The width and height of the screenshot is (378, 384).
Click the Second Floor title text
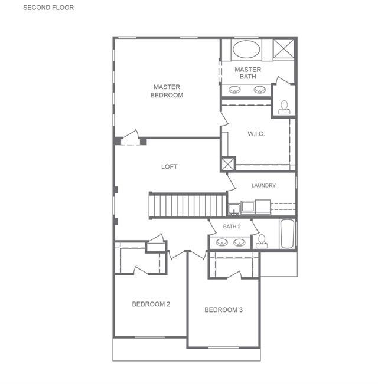pyautogui.click(x=48, y=8)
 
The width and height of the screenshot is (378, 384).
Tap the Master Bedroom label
pyautogui.click(x=167, y=91)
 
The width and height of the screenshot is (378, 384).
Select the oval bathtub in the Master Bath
pyautogui.click(x=246, y=49)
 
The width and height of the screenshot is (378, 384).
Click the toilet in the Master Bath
pyautogui.click(x=284, y=108)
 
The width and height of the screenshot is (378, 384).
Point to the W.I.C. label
pyautogui.click(x=256, y=134)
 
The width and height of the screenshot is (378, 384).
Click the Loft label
pyautogui.click(x=169, y=166)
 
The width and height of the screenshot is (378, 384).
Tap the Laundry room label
pyautogui.click(x=263, y=185)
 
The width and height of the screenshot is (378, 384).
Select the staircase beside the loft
pyautogui.click(x=188, y=205)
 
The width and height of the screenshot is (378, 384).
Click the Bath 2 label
pyautogui.click(x=232, y=227)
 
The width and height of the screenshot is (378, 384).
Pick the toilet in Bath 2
pyautogui.click(x=262, y=241)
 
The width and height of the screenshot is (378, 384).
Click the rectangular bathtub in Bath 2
pyautogui.click(x=287, y=234)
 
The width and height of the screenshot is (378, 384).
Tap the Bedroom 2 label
pyautogui.click(x=151, y=304)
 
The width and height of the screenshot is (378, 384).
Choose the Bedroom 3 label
pyautogui.click(x=224, y=310)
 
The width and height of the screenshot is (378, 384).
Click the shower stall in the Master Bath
pyautogui.click(x=283, y=49)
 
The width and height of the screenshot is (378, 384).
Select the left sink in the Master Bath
pyautogui.click(x=234, y=90)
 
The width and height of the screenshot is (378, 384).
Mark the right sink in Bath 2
pyautogui.click(x=239, y=242)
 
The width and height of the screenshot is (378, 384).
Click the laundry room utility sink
pyautogui.click(x=234, y=209)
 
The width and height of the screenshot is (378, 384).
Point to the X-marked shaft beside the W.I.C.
pyautogui.click(x=228, y=164)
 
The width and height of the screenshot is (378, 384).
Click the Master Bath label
pyautogui.click(x=248, y=73)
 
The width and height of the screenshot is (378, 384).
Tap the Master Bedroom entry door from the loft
pyautogui.click(x=131, y=138)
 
